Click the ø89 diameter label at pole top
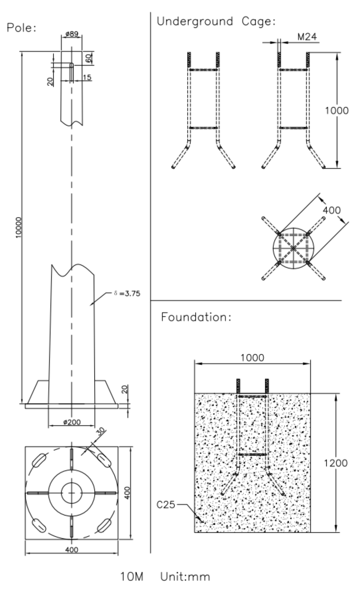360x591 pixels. (x=71, y=34)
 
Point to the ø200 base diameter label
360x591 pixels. (x=72, y=422)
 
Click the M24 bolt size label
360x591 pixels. (x=307, y=37)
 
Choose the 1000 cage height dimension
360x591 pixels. (x=336, y=111)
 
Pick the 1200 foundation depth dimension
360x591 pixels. (x=335, y=463)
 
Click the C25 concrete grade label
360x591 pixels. (x=166, y=505)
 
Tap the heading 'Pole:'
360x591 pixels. (x=22, y=28)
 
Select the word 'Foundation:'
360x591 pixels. (x=196, y=317)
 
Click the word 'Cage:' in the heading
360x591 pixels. (x=258, y=21)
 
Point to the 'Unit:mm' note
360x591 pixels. (x=185, y=576)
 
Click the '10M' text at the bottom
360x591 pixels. (x=132, y=576)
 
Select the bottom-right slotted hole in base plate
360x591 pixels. (x=103, y=525)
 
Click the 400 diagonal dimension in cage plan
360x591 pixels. (x=331, y=210)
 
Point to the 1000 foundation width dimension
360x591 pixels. (x=252, y=358)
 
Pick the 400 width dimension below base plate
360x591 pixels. (x=71, y=549)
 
